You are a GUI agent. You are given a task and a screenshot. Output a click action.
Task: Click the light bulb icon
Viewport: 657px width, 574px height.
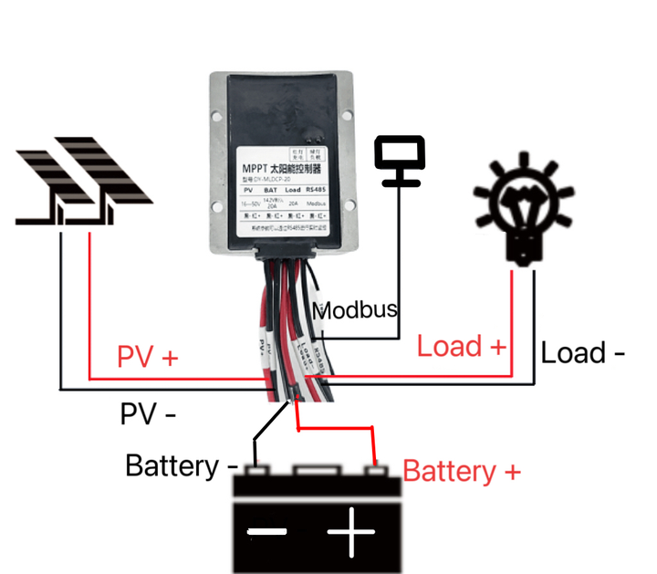[523, 202]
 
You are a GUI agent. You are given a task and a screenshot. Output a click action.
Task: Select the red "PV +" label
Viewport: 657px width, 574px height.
[147, 357]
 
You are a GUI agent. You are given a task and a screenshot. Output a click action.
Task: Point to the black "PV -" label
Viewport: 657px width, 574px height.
[148, 413]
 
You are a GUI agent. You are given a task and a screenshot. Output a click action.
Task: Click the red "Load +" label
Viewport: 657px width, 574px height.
[461, 347]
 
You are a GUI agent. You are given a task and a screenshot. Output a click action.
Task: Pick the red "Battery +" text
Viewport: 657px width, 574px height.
[462, 471]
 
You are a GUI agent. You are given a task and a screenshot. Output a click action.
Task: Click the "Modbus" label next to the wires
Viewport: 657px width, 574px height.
[355, 309]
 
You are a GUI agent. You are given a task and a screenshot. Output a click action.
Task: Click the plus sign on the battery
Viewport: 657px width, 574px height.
[352, 531]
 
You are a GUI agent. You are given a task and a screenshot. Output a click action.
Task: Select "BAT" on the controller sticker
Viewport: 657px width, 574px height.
[270, 190]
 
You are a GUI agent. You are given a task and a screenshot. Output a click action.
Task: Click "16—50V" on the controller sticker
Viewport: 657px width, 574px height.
[248, 203]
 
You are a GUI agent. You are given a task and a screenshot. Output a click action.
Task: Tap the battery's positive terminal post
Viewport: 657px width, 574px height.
[373, 471]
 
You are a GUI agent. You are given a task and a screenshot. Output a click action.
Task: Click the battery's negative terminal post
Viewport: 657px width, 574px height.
[257, 471]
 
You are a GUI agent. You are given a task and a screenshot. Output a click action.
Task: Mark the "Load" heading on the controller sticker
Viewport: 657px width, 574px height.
[292, 190]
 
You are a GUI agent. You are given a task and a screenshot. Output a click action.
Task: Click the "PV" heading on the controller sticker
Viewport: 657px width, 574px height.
[247, 190]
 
